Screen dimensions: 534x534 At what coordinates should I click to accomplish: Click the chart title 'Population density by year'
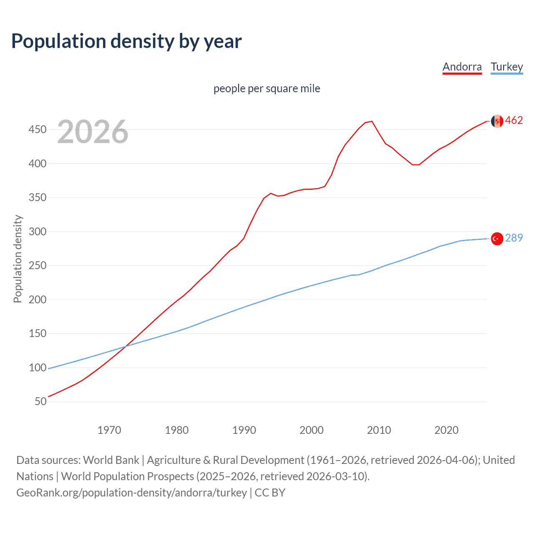click(x=126, y=41)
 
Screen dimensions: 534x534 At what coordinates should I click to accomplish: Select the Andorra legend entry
click(x=462, y=67)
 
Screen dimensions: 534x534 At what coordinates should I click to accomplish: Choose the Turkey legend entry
click(x=506, y=67)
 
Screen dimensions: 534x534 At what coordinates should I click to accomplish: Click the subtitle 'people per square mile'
click(x=267, y=88)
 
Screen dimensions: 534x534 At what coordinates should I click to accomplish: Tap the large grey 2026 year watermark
click(x=93, y=132)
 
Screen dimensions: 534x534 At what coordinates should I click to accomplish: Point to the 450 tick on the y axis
click(x=38, y=130)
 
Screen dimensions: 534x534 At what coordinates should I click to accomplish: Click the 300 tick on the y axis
click(x=38, y=232)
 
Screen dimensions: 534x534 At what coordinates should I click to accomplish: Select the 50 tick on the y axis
click(x=40, y=401)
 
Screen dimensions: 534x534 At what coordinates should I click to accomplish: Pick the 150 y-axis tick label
click(x=38, y=333)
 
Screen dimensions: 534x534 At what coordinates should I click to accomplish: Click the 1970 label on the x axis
click(x=109, y=430)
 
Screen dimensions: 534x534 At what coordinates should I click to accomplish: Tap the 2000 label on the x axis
click(x=311, y=430)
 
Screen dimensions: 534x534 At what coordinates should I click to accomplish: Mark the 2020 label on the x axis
click(x=446, y=430)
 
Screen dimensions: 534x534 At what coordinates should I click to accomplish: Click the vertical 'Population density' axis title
click(x=18, y=259)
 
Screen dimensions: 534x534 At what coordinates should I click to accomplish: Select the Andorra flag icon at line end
click(x=497, y=121)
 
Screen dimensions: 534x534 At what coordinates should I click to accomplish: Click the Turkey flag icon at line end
click(x=497, y=239)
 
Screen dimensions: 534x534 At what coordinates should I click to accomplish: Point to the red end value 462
click(x=514, y=121)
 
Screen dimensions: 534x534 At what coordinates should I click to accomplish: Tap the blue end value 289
click(x=514, y=238)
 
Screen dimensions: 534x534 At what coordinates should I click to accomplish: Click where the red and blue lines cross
click(x=126, y=346)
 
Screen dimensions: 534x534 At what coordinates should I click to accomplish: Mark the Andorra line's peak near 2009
click(x=371, y=121)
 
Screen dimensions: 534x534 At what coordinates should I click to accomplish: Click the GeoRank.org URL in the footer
click(x=131, y=493)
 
